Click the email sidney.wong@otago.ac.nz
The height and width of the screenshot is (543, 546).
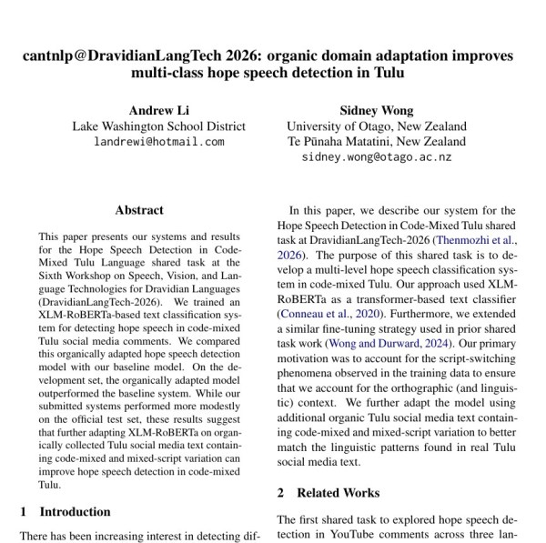coord(376,157)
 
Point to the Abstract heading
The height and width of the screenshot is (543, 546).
coord(139,209)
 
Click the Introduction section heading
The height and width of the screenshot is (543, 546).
coord(75,511)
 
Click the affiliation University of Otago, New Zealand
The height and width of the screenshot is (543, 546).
coord(376,126)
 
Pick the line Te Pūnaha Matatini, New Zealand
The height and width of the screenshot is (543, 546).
coord(376,142)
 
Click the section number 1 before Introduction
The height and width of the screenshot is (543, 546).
coord(24,511)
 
